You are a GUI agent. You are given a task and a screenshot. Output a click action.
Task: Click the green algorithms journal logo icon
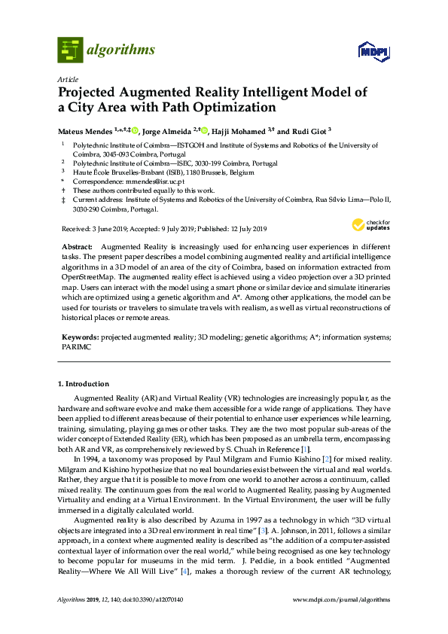(70, 50)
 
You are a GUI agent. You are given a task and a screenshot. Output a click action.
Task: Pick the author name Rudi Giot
(306, 130)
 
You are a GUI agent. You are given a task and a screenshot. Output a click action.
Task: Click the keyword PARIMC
(75, 349)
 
